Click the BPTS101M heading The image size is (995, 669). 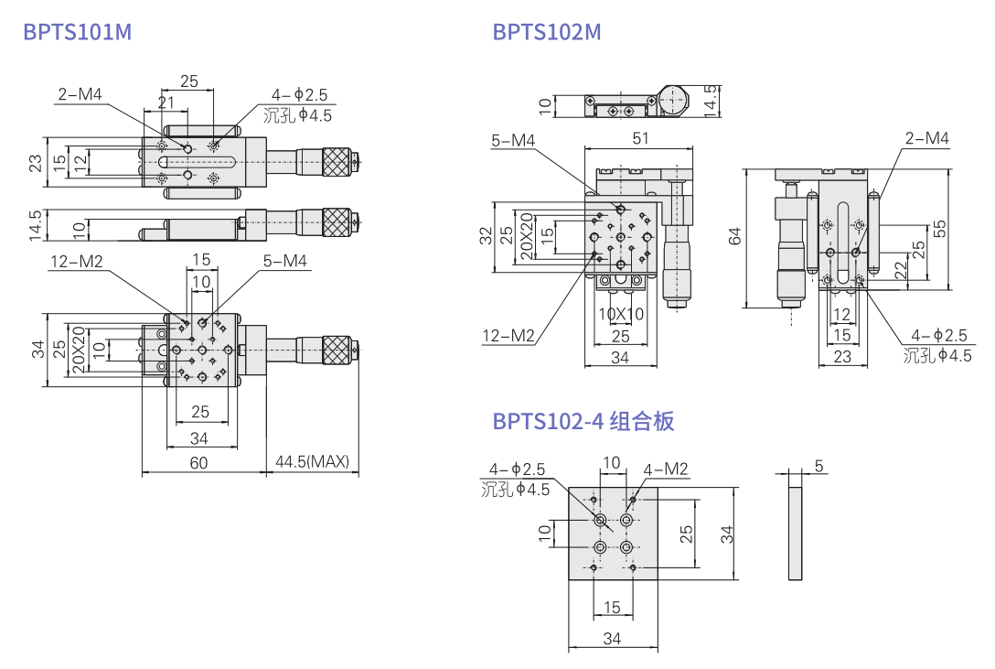[x=78, y=32]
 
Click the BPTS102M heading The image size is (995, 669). [x=547, y=32]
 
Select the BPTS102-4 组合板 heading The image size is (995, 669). [x=583, y=421]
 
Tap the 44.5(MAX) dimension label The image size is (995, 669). [x=312, y=462]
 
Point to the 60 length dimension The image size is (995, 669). [x=198, y=462]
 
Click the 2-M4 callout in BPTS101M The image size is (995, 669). [x=80, y=93]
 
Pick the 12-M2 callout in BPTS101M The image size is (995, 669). [x=77, y=263]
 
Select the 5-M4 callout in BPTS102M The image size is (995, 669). [x=513, y=140]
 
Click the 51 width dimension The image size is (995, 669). [x=640, y=138]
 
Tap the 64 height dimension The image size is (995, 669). [x=735, y=237]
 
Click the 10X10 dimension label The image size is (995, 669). [x=621, y=313]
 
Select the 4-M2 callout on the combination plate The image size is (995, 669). [x=666, y=469]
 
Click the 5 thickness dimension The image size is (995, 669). [x=818, y=466]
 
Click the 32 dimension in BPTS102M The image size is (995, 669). [x=486, y=237]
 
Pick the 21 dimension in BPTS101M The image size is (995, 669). [x=166, y=103]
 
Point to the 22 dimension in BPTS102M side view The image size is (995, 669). [x=900, y=268]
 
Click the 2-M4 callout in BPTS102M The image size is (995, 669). [x=927, y=138]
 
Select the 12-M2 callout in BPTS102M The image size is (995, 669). [x=508, y=335]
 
